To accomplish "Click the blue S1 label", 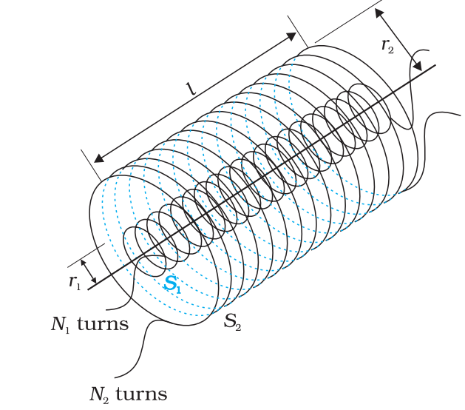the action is (172, 283).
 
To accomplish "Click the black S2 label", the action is (232, 321).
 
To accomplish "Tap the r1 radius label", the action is (75, 282).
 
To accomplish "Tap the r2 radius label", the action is (387, 46).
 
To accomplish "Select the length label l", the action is (191, 88).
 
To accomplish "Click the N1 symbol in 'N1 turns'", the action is (60, 324).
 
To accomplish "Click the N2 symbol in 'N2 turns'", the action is (99, 395).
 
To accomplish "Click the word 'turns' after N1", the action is (103, 324).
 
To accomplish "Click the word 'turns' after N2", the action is (141, 394).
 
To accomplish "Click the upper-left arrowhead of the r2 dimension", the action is (379, 13).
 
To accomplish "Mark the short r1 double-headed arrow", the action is (89, 272).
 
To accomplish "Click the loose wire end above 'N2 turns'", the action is (115, 377).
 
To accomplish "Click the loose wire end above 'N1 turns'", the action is (106, 309).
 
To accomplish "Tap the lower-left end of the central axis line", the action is (88, 289).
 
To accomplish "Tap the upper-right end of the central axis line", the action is (435, 64).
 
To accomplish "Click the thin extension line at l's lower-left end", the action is (92, 165).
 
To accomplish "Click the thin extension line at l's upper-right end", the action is (298, 32).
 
